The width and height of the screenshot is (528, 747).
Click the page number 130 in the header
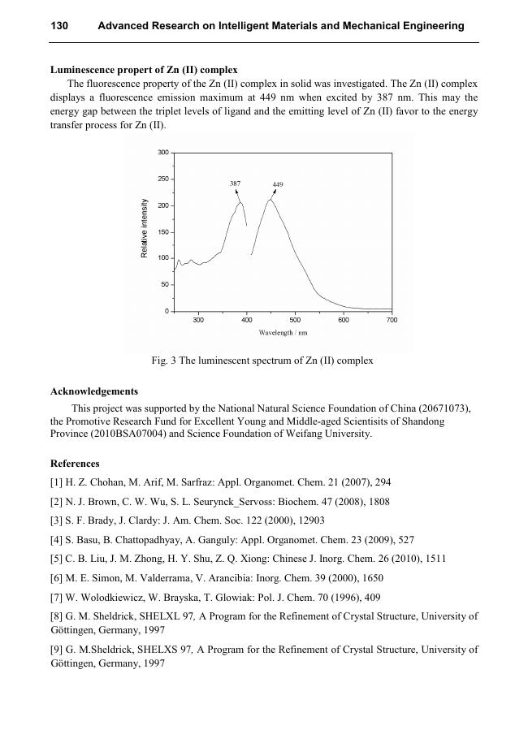[59, 26]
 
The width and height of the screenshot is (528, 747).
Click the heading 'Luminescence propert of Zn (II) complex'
[144, 70]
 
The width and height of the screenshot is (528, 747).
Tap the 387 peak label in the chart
[235, 184]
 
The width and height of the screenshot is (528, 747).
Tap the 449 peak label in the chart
[278, 185]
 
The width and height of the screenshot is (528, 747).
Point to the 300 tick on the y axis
[162, 153]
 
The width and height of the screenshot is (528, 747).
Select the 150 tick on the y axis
[162, 232]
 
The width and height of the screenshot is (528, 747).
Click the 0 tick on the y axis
[167, 311]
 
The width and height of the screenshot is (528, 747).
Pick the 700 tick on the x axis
[392, 321]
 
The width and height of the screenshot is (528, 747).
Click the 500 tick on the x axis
[295, 321]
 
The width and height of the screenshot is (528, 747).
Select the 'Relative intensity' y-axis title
[145, 229]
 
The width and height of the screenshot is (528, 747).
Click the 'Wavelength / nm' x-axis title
[283, 333]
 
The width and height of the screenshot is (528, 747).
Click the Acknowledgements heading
[94, 391]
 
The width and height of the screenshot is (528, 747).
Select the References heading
[75, 464]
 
